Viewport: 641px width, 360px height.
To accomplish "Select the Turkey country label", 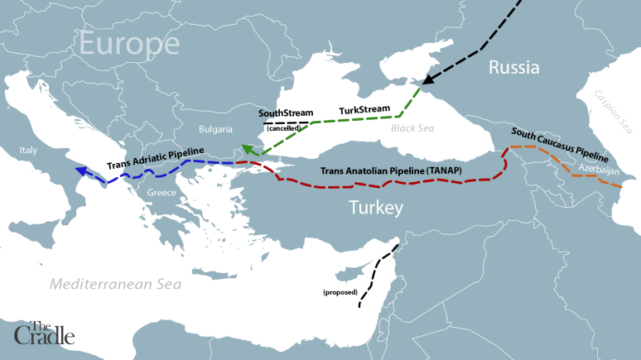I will pyautogui.click(x=374, y=207).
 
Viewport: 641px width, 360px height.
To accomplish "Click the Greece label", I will pyautogui.click(x=161, y=193).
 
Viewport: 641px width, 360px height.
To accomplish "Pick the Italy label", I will pyautogui.click(x=29, y=151).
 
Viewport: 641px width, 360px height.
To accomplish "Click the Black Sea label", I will pyautogui.click(x=412, y=129).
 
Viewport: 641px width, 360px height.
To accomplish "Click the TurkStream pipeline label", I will pyautogui.click(x=365, y=110).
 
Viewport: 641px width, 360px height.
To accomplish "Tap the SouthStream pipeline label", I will pyautogui.click(x=284, y=113).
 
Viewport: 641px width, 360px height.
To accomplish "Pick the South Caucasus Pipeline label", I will pyautogui.click(x=560, y=145).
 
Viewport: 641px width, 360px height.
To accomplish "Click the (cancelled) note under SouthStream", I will pyautogui.click(x=284, y=128).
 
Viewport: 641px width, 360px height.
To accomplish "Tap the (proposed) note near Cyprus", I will pyautogui.click(x=340, y=293).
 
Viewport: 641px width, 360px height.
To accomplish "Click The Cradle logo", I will pyautogui.click(x=44, y=332).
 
